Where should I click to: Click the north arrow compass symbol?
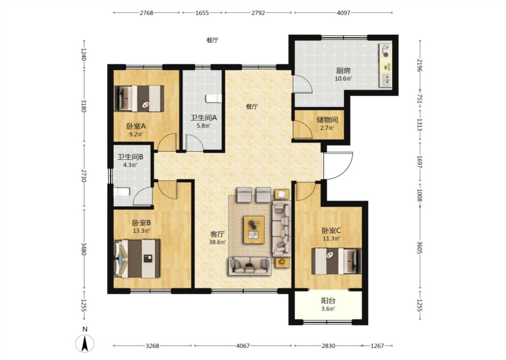(85, 343)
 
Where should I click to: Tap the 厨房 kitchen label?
(343, 70)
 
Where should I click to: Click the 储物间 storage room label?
(327, 120)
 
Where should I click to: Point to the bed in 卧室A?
(139, 98)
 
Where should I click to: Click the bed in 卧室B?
(137, 258)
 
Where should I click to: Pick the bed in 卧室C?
(336, 261)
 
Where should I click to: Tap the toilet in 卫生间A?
(213, 99)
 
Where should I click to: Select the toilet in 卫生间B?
(121, 192)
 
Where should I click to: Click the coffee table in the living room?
(254, 229)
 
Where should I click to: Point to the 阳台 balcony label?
(328, 301)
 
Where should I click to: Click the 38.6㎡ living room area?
(217, 242)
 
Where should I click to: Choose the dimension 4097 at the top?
(343, 13)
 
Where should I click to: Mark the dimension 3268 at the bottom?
(152, 346)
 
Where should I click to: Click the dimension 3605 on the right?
(420, 247)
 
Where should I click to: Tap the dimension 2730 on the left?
(84, 175)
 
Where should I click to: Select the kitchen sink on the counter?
(386, 80)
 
